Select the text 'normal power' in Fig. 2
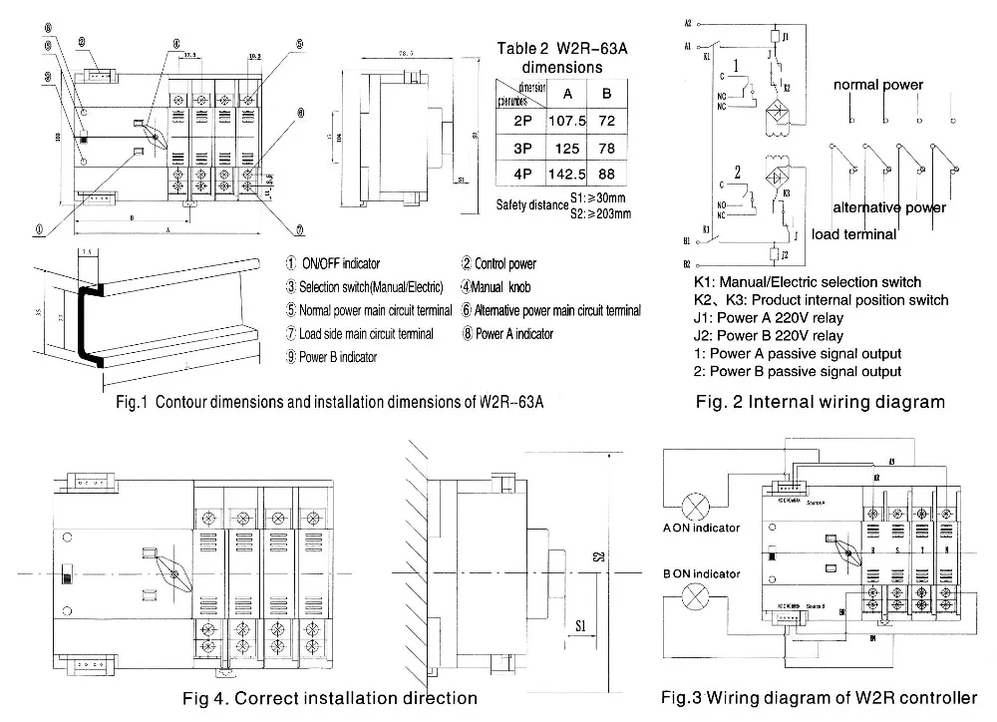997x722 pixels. [878, 86]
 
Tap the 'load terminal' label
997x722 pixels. [853, 234]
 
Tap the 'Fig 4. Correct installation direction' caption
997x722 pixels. [333, 697]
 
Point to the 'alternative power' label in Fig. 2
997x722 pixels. [889, 208]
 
